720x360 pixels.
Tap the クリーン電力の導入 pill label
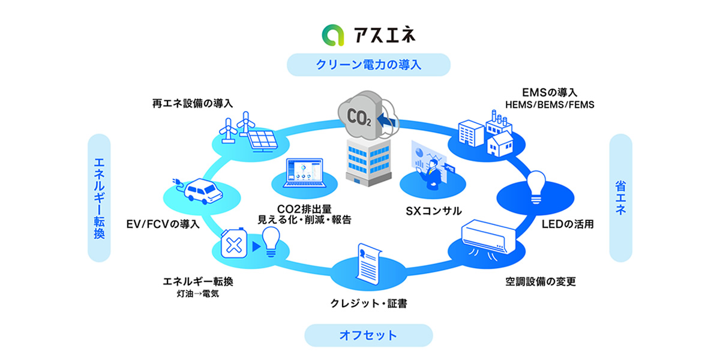tap(368, 65)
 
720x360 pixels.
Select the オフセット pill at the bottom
tap(368, 335)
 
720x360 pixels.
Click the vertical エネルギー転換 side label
tap(100, 198)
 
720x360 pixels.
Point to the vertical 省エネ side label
tap(620, 198)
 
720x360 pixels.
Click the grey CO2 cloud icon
tap(359, 113)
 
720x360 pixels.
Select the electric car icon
tap(201, 192)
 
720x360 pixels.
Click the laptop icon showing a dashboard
tap(305, 175)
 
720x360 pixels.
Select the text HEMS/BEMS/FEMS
tap(550, 105)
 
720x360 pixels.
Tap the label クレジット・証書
tap(368, 304)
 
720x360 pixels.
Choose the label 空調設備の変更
tap(541, 281)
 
